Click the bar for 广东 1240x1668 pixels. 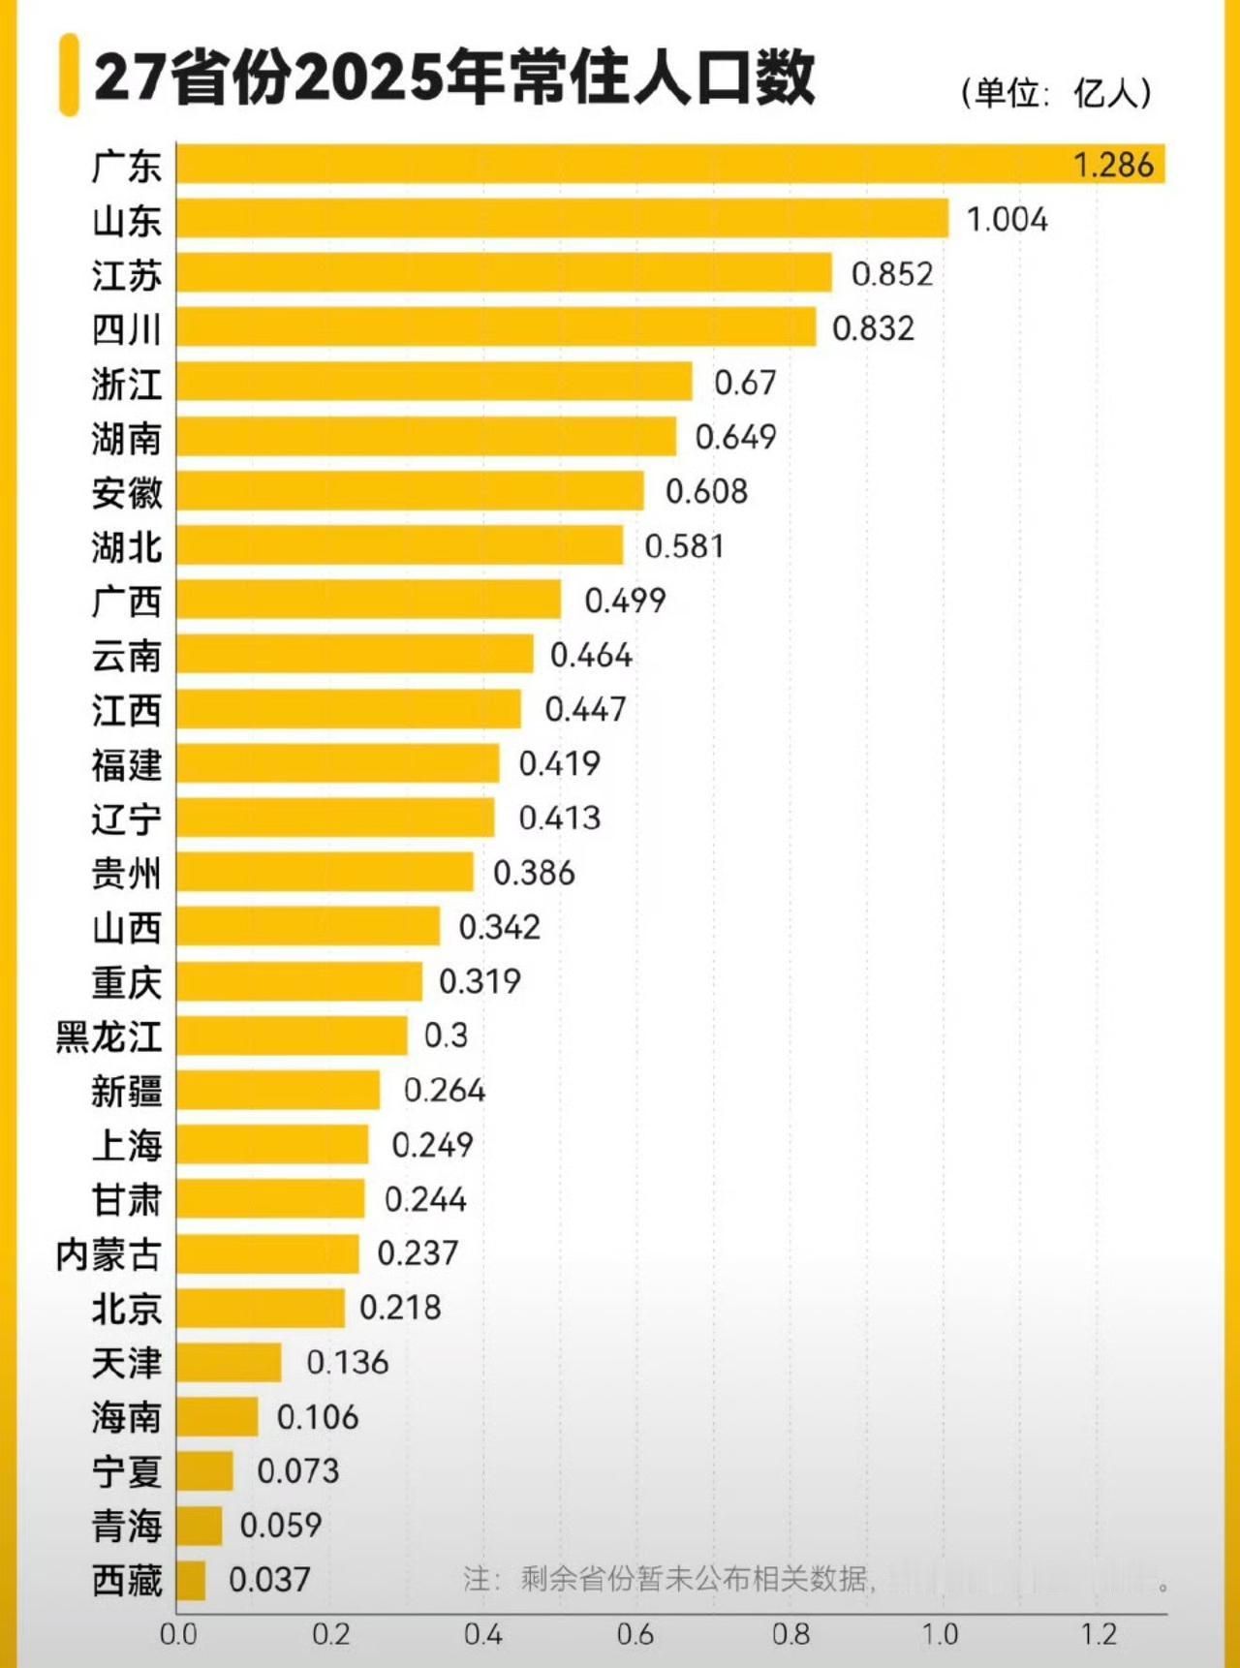(668, 164)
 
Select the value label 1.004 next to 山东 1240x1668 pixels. (1007, 220)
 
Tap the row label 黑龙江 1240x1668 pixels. (108, 1036)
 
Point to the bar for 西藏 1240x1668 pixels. (191, 1580)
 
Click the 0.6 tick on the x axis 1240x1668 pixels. (635, 1635)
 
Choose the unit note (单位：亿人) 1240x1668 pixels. (1057, 93)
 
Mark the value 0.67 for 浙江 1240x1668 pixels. (744, 383)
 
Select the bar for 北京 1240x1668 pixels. (260, 1309)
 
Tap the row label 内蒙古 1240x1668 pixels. (108, 1254)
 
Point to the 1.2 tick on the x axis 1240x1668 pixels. (1099, 1635)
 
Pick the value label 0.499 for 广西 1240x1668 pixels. (625, 601)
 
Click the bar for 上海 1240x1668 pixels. (272, 1145)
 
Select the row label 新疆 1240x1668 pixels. (126, 1091)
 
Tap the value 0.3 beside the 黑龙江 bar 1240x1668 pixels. (446, 1035)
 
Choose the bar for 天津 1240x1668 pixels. (229, 1363)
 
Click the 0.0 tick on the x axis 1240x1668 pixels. (178, 1635)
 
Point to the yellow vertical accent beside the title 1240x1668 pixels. (68, 76)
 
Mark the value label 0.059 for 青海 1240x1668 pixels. (280, 1526)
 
